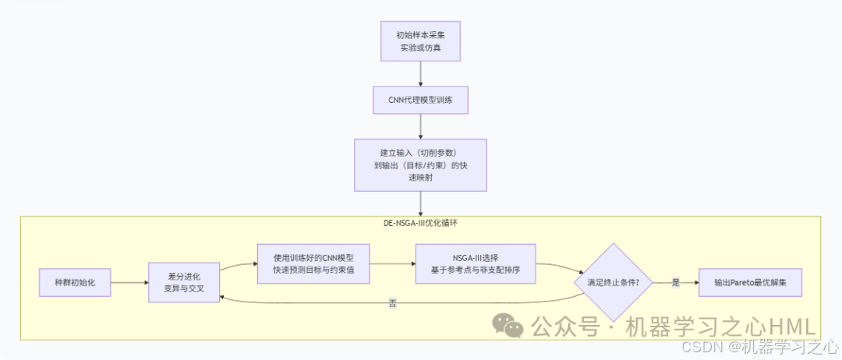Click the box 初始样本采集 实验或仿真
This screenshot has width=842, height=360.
coord(420,42)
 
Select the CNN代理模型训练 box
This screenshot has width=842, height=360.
coord(420,100)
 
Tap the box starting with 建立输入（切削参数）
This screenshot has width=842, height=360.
coord(420,164)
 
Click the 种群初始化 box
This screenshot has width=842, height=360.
coord(75,282)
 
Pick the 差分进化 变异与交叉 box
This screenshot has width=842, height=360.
coord(184,282)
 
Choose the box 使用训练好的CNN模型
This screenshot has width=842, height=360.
coord(313,263)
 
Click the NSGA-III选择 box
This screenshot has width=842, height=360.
coord(476,263)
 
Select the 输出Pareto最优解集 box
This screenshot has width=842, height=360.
coord(750,282)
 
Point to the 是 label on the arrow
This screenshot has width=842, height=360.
coord(676,282)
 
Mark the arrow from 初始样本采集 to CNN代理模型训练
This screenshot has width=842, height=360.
coord(420,74)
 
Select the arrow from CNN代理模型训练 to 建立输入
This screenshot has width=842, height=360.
coord(420,126)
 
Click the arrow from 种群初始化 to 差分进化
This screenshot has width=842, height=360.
coord(129,282)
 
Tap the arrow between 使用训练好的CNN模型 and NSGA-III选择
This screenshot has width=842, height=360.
coord(392,263)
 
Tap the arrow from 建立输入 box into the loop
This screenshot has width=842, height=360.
coord(420,203)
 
